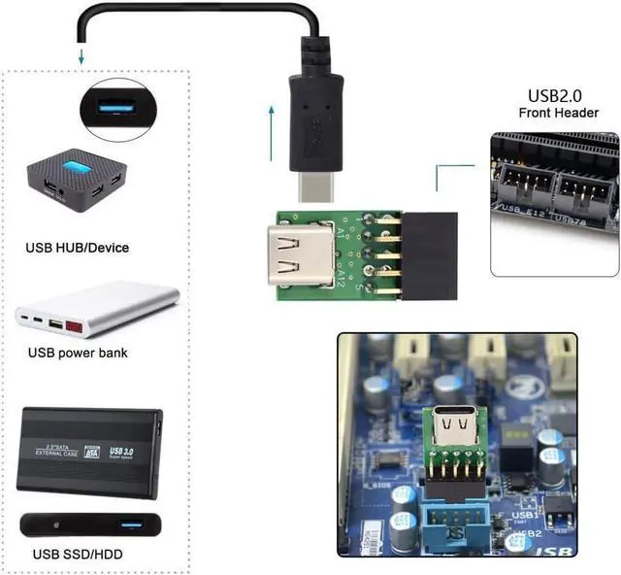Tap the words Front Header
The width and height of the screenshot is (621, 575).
[x=558, y=114]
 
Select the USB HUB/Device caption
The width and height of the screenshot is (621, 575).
[x=78, y=248]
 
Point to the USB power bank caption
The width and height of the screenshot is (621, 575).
[x=78, y=353]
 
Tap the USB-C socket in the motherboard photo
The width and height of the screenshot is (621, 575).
[x=454, y=424]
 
